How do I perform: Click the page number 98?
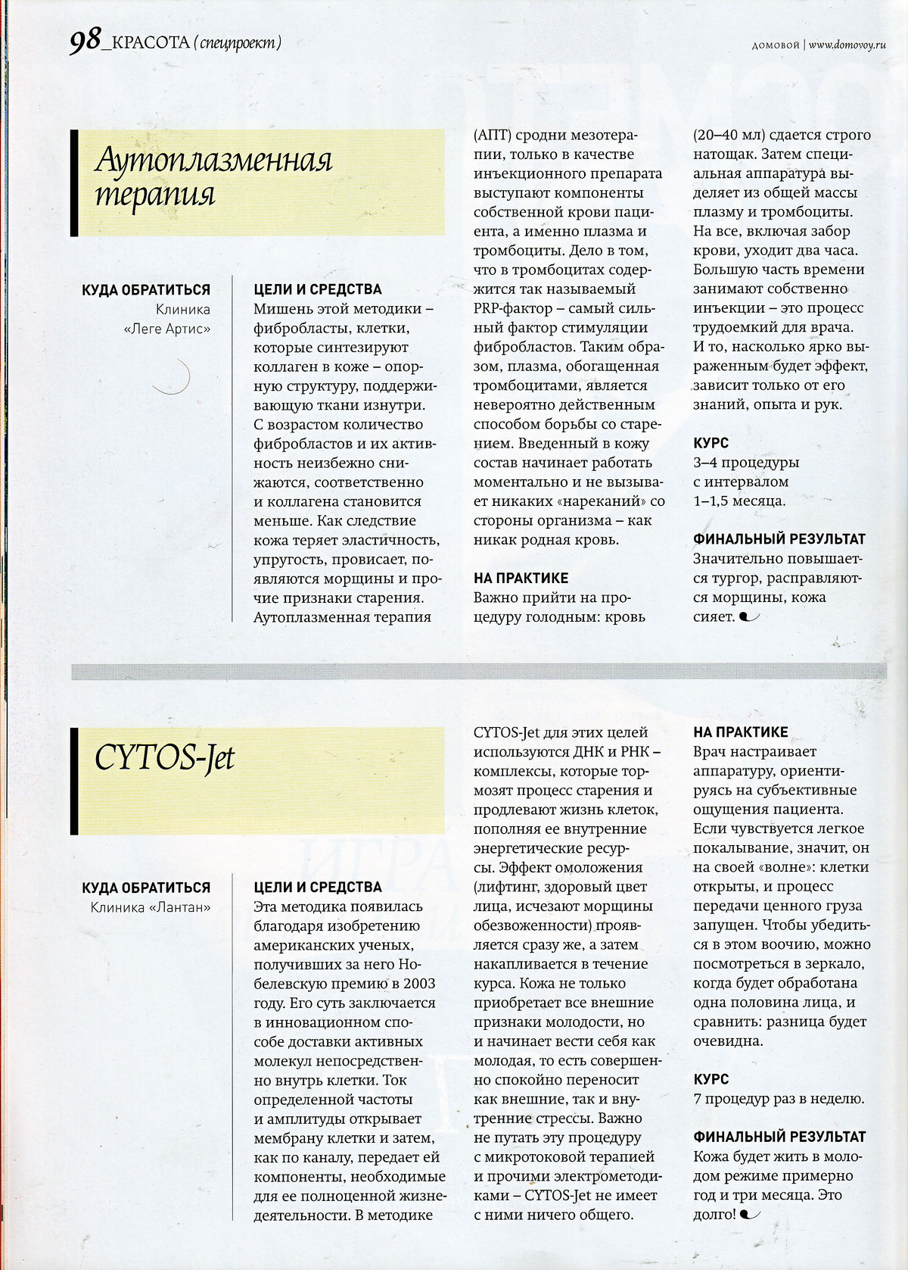point(84,43)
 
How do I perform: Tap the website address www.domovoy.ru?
point(847,45)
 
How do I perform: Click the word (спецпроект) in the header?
point(236,43)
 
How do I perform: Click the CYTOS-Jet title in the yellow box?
point(165,758)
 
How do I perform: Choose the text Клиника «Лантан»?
point(151,906)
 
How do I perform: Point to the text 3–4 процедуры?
point(746,462)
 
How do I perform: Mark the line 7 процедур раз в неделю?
point(779,1099)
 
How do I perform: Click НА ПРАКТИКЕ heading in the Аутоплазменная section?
point(521,578)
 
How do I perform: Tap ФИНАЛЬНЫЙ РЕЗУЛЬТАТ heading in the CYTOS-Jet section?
point(779,1137)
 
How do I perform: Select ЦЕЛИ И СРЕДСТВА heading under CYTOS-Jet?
point(318,887)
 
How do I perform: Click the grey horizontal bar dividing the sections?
point(478,671)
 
